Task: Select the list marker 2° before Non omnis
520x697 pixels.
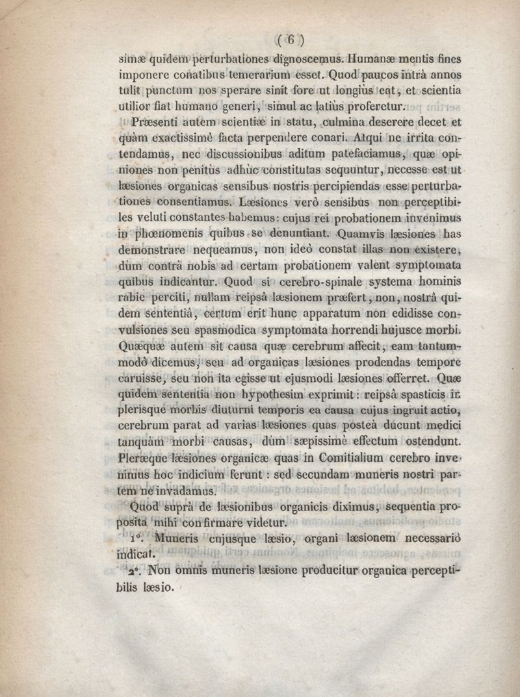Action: point(135,572)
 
